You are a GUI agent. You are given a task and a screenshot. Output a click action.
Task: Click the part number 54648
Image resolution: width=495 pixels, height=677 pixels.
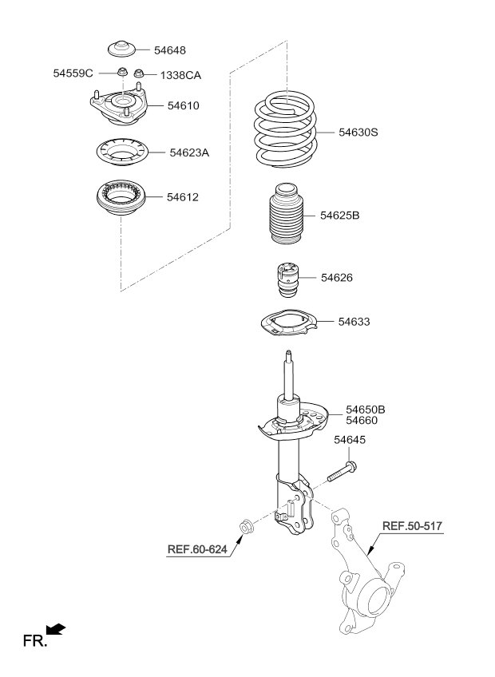(170, 50)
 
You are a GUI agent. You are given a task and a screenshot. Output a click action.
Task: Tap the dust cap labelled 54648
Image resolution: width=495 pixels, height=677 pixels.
(121, 49)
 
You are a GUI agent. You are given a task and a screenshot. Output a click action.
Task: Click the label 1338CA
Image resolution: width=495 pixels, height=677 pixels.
(180, 76)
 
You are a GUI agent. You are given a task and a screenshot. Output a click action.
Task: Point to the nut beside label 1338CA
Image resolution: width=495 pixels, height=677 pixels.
(139, 73)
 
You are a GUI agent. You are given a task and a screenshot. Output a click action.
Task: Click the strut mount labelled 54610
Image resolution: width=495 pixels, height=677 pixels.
(119, 107)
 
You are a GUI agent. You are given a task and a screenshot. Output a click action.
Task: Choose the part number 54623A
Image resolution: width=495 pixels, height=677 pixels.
(189, 152)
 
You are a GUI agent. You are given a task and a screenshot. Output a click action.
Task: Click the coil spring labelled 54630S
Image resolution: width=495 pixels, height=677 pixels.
(286, 129)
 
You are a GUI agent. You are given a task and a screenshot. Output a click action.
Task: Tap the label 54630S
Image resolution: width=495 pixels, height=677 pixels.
(358, 132)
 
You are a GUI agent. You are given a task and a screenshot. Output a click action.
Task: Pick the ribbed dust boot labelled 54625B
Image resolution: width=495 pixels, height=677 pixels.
(286, 213)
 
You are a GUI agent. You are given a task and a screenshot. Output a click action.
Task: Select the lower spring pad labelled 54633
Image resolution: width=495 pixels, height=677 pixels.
(288, 323)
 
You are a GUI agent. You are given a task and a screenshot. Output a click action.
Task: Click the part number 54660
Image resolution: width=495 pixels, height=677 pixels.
(362, 421)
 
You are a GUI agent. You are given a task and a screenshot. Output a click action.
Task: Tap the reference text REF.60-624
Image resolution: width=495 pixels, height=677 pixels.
(197, 549)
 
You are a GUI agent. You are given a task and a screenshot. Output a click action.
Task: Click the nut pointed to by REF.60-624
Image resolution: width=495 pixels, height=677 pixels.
(246, 528)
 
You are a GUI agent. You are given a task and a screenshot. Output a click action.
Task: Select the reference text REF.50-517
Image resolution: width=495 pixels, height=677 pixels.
(412, 526)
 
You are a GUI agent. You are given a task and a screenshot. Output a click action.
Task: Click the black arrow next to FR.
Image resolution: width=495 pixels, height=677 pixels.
(56, 629)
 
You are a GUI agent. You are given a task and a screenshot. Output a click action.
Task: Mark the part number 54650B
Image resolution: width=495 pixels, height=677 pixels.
(366, 410)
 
